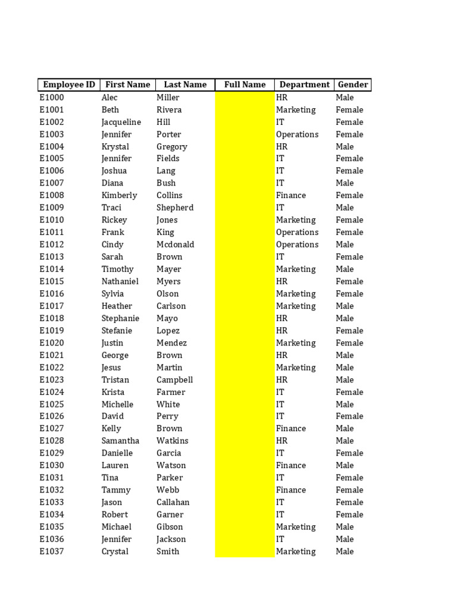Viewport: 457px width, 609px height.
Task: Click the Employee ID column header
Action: [x=69, y=84]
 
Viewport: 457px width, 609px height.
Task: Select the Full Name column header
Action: [x=245, y=84]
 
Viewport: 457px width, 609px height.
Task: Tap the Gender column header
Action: [x=353, y=84]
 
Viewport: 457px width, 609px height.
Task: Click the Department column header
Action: [x=304, y=84]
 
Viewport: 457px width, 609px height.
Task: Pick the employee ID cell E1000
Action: [x=52, y=98]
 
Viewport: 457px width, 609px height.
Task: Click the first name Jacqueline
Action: [x=121, y=122]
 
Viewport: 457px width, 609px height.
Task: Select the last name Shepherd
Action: [x=175, y=208]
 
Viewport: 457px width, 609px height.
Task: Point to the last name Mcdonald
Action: [x=176, y=244]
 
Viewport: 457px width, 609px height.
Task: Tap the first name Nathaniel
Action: [x=120, y=281]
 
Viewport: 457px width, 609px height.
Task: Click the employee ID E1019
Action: [x=52, y=331]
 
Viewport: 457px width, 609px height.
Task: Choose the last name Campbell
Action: [x=175, y=379]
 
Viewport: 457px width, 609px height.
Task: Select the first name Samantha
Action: [x=120, y=441]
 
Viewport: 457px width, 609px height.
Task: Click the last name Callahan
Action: [x=173, y=502]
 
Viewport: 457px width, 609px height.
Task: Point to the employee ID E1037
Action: [x=52, y=551]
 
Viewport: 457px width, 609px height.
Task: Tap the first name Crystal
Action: [x=115, y=551]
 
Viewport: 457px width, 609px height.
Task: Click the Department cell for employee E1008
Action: [x=291, y=195]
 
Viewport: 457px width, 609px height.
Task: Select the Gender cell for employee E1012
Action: [x=345, y=244]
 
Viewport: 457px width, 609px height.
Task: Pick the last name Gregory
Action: [x=172, y=146]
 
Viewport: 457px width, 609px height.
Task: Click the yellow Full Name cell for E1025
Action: [x=245, y=404]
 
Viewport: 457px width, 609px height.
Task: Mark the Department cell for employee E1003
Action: [x=298, y=134]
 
